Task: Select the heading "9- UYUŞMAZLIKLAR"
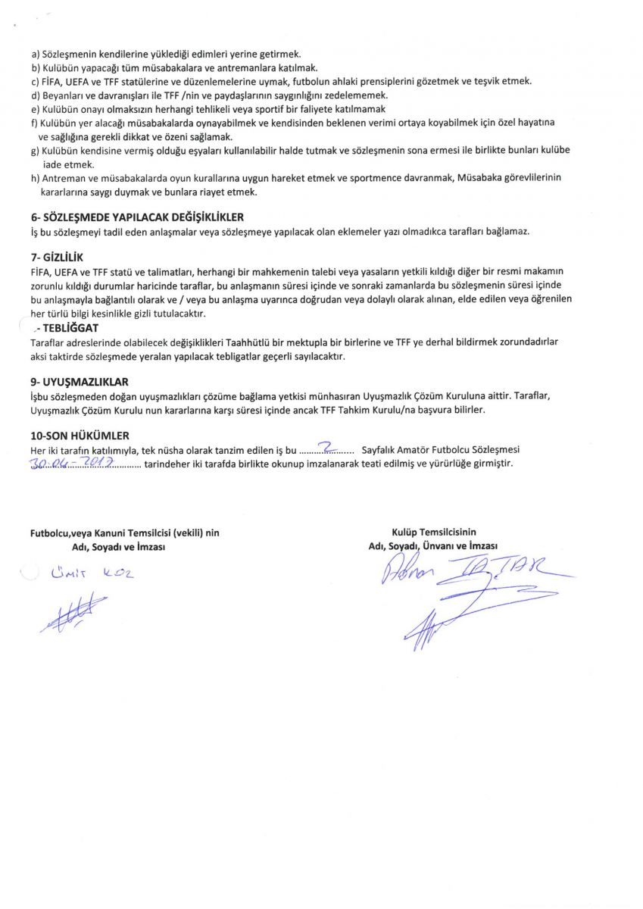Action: (80, 383)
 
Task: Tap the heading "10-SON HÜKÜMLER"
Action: (80, 436)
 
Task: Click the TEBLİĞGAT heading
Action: (70, 328)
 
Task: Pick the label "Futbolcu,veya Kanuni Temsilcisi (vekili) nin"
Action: (124, 533)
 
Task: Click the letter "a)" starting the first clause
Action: (36, 55)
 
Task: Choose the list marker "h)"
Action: (36, 178)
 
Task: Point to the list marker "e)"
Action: (36, 108)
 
